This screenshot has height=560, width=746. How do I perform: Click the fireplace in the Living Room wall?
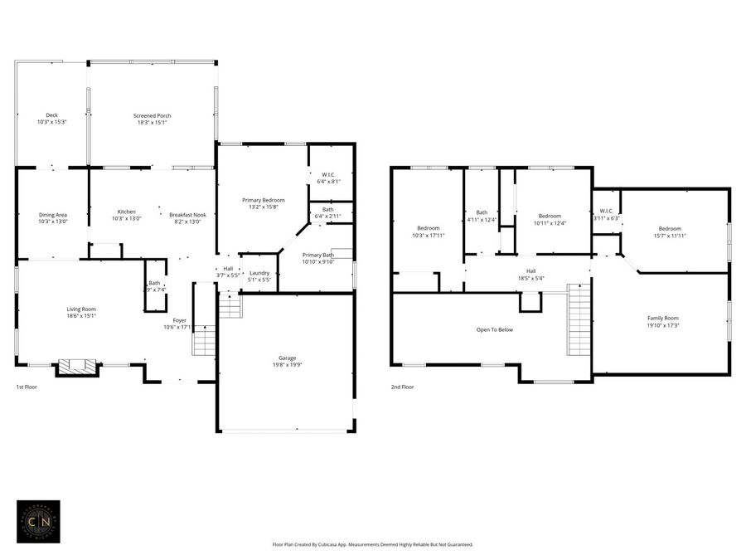tap(75, 367)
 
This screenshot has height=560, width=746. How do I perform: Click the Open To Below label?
tap(494, 329)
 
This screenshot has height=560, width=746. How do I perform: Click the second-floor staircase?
tap(579, 319)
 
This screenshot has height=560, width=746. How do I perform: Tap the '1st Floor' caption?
tap(27, 387)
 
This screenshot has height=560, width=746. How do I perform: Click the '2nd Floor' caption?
tap(402, 387)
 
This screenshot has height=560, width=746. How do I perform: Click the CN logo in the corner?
tap(38, 521)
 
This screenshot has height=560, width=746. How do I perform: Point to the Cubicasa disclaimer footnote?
tap(372, 545)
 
